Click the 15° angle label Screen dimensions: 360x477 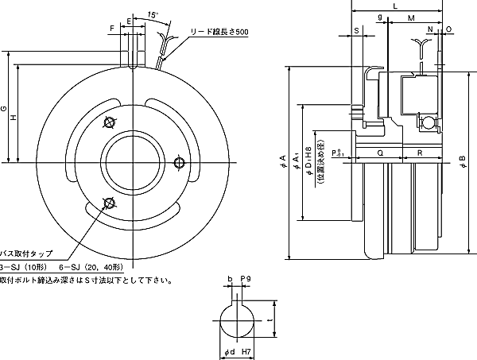click(x=153, y=15)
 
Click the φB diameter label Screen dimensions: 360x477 click(x=463, y=165)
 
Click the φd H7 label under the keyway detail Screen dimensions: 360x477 click(x=238, y=351)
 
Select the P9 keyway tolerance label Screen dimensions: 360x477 click(x=245, y=280)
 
